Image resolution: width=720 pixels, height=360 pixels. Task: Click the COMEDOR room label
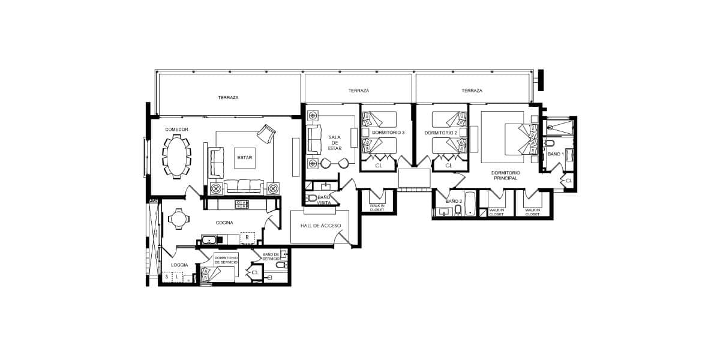click(x=176, y=129)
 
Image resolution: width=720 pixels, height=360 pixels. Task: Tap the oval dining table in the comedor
click(x=177, y=157)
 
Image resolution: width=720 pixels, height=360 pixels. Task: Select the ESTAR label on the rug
click(x=245, y=157)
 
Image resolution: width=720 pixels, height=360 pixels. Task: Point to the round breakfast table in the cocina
click(x=177, y=218)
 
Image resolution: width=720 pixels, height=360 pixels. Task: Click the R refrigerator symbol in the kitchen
click(x=247, y=238)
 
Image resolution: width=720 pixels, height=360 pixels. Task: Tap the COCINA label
click(x=224, y=223)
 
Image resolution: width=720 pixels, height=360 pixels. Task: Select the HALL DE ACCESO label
click(x=320, y=226)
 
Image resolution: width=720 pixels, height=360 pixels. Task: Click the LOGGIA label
click(x=179, y=265)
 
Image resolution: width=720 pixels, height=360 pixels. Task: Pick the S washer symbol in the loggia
click(x=167, y=277)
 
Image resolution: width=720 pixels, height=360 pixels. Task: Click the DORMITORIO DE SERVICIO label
click(x=226, y=260)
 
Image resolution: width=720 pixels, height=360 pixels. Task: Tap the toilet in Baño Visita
click(x=311, y=197)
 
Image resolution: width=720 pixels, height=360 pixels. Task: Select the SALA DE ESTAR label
click(x=335, y=143)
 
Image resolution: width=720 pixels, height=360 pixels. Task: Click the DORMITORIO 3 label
click(x=388, y=133)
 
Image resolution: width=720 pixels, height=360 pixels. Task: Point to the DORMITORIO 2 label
click(x=440, y=133)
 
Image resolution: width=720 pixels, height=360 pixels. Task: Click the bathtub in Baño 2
click(x=470, y=204)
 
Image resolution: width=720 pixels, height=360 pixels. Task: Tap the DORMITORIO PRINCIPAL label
click(x=506, y=175)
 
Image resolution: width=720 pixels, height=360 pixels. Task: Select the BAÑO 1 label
click(x=556, y=154)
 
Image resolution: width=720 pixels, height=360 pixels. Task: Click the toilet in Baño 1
click(x=548, y=143)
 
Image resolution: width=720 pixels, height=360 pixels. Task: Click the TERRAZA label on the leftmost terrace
click(x=228, y=97)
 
